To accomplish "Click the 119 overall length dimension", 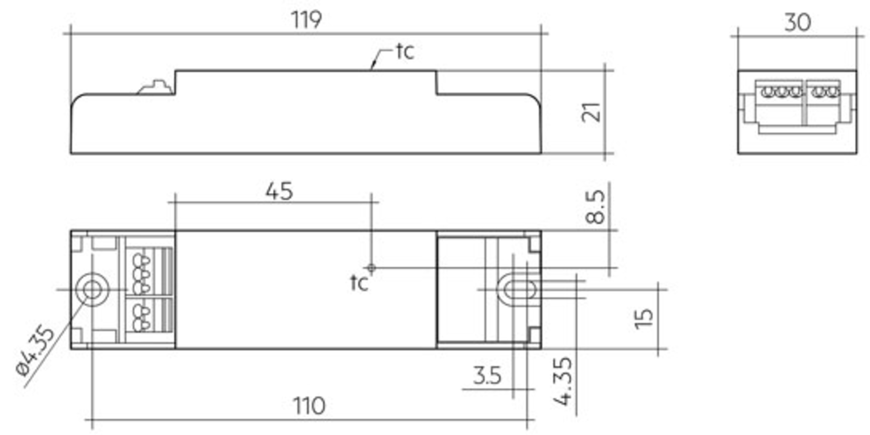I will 306,20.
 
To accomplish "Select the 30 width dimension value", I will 797,22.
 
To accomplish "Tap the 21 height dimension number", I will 591,112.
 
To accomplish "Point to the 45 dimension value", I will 279,191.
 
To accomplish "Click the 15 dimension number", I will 644,319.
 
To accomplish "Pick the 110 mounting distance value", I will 309,406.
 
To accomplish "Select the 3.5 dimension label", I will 488,376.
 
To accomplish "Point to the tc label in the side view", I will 405,51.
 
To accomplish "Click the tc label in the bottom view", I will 359,283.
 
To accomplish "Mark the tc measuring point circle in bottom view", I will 371,268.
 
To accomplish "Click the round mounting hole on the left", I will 92,290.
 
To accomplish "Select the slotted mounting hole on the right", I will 516,290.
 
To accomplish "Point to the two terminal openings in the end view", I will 825,92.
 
